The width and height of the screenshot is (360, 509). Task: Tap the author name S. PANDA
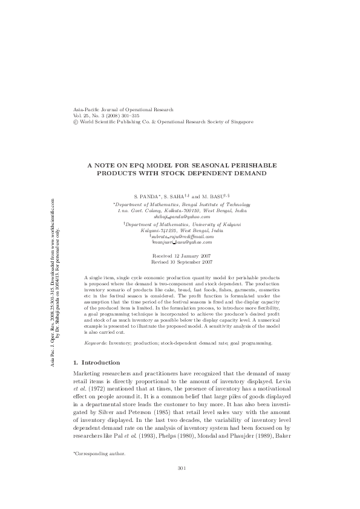[147, 197]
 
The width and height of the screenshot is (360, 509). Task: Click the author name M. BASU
[220, 197]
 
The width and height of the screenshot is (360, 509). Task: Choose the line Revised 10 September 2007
[180, 262]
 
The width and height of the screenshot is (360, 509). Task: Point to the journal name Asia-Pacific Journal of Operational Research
[123, 109]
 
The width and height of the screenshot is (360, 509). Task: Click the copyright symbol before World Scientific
[74, 121]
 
